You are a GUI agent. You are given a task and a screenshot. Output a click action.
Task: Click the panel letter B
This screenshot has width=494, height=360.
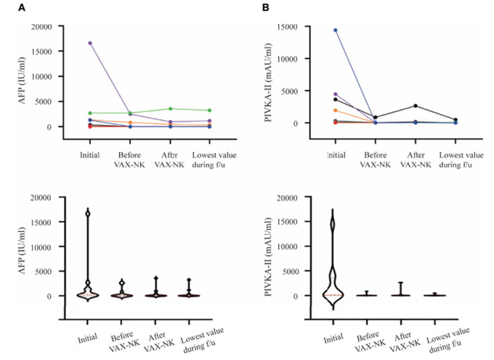pos(266,7)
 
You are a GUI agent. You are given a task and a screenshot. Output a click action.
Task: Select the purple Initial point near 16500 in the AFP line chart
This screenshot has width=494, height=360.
pos(90,43)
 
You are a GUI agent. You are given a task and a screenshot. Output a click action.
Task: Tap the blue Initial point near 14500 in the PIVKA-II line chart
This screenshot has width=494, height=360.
pos(335,30)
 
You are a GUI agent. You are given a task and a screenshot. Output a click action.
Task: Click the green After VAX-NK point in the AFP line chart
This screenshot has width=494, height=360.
pos(170,109)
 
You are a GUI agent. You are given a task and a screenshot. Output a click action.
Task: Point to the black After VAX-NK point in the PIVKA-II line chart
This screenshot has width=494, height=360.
pos(415,106)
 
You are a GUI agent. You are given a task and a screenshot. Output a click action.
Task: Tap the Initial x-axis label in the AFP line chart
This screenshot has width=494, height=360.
pos(90,155)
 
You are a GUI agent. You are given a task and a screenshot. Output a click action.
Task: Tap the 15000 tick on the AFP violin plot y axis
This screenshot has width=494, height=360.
pos(47,222)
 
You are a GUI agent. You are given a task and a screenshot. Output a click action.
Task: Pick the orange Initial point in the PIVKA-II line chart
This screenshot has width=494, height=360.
pos(335,110)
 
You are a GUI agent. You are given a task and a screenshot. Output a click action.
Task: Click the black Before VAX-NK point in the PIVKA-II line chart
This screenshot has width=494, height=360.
pos(375,117)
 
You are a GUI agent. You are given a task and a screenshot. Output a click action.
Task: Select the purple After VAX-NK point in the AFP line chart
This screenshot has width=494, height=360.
pos(170,122)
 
